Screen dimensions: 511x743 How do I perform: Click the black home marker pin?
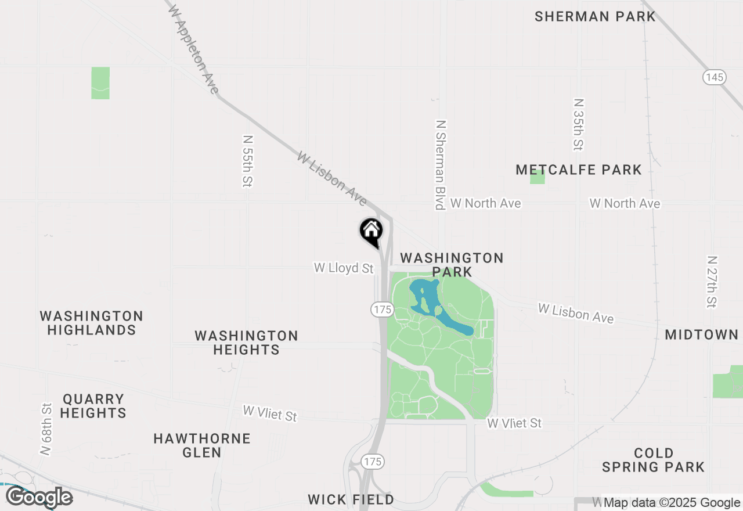(x=371, y=231)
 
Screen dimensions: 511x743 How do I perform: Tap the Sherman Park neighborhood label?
(x=595, y=16)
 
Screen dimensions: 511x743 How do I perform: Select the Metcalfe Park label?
(x=579, y=170)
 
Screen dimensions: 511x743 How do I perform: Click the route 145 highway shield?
(x=715, y=77)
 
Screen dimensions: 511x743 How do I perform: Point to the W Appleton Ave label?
(x=192, y=49)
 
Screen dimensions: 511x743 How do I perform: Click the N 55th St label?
(x=248, y=161)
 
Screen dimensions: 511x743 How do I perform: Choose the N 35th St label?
(x=578, y=124)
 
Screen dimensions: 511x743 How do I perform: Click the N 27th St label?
(x=712, y=282)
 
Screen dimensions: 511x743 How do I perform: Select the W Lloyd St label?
(x=344, y=268)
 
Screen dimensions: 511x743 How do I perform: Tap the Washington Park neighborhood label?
(x=452, y=264)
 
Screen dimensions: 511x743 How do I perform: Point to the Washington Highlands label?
(x=92, y=323)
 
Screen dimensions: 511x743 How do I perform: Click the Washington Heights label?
(x=246, y=343)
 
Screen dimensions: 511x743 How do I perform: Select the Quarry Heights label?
(x=93, y=406)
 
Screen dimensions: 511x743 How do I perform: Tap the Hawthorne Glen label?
(x=202, y=445)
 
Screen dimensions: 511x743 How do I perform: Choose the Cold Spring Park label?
(x=653, y=459)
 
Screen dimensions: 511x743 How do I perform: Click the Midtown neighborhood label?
(x=701, y=334)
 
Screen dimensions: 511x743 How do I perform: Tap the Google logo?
(x=39, y=497)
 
